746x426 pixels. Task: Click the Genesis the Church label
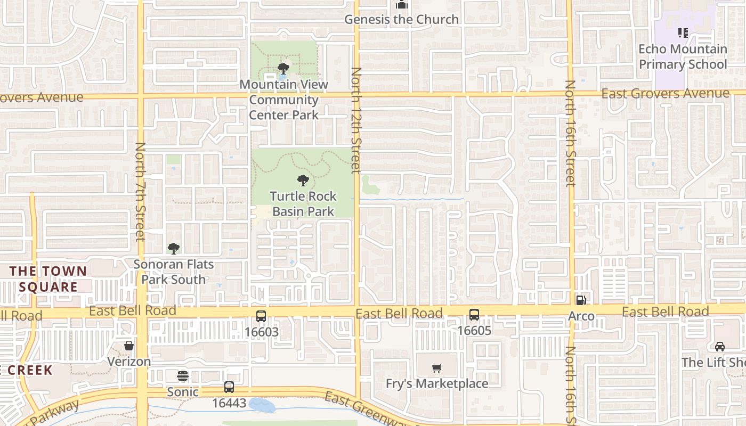coord(401,20)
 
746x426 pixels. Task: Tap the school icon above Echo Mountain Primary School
coord(683,33)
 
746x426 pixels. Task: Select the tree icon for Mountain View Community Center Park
coord(283,69)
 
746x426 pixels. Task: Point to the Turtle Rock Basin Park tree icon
coord(303,181)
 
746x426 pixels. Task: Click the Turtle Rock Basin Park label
coord(303,204)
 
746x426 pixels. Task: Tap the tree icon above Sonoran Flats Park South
coord(173,248)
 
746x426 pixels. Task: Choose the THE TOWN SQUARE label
coord(48,278)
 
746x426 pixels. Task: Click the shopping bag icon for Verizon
coord(129,346)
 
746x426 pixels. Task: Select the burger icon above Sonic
coord(183,376)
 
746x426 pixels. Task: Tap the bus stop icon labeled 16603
coord(261,316)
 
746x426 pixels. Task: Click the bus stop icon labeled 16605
coord(474,315)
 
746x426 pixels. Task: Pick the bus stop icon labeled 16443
coord(229,387)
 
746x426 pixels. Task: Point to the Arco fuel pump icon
coord(581,300)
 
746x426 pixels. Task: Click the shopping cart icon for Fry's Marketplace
coord(437,368)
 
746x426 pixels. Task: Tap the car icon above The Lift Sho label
coord(720,347)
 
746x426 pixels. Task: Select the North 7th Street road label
coord(141,192)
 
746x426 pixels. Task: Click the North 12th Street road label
coord(356,120)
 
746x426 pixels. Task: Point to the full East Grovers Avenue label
coord(665,94)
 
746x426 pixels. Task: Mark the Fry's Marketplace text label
coord(437,383)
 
